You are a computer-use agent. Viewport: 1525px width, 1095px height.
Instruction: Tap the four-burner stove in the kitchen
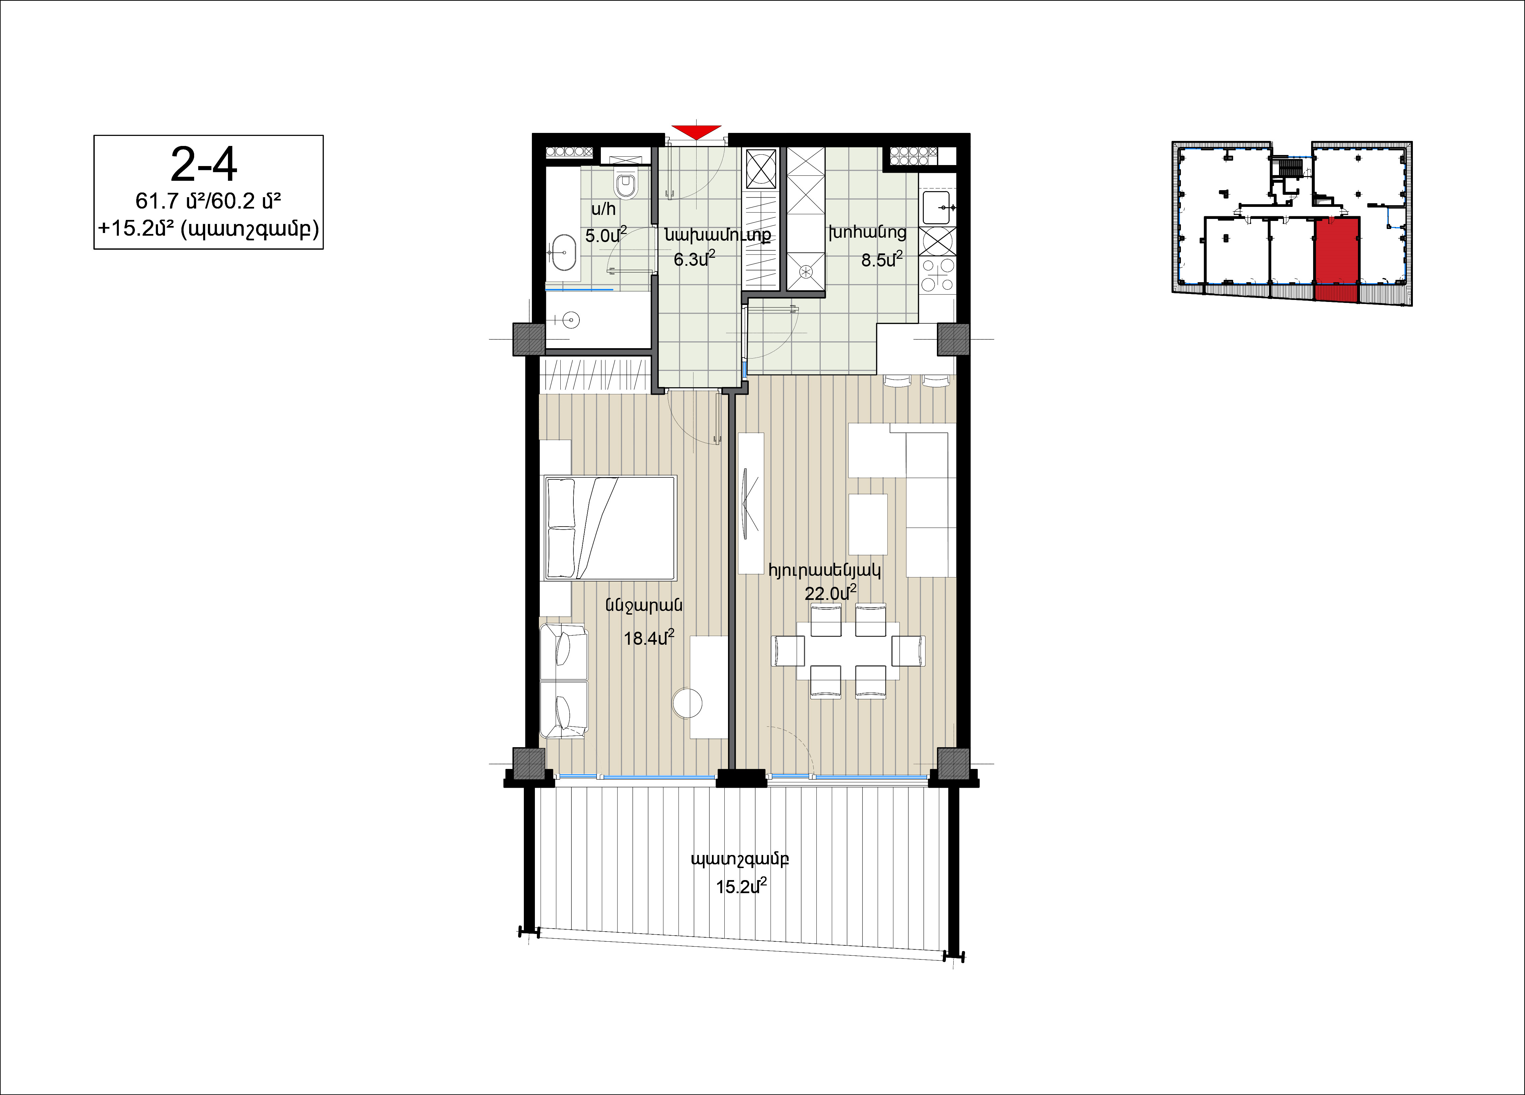click(937, 275)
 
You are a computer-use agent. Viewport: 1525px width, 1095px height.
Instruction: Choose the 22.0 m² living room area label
click(830, 593)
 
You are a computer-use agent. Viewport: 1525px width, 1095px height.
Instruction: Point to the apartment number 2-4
click(204, 165)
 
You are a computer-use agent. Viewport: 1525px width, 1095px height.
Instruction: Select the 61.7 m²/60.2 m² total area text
click(209, 201)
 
